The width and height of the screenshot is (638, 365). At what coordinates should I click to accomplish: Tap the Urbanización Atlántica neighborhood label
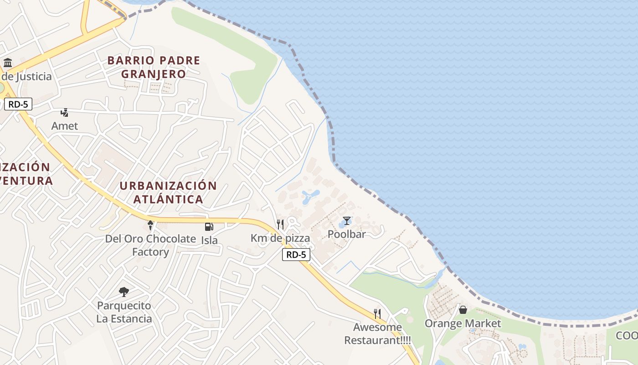click(168, 192)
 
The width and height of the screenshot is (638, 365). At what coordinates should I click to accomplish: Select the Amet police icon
click(65, 113)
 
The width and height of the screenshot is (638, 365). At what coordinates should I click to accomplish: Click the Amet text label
click(65, 126)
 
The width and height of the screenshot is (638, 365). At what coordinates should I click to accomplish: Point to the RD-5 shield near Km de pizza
click(296, 255)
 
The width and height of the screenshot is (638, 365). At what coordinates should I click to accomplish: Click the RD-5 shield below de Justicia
click(18, 104)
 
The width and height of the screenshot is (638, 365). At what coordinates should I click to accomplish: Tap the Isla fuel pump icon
click(209, 226)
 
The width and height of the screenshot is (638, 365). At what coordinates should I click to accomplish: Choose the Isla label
click(210, 240)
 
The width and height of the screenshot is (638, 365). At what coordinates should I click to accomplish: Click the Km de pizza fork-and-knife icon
click(280, 224)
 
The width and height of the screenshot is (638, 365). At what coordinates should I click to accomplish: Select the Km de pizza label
click(280, 238)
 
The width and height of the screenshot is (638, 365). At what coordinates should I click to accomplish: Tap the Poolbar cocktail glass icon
click(347, 221)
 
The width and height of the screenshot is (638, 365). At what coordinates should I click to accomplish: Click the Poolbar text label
click(347, 235)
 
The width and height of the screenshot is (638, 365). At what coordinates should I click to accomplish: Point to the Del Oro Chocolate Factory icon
click(150, 225)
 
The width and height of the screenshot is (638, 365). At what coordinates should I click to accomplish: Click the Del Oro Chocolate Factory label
click(150, 245)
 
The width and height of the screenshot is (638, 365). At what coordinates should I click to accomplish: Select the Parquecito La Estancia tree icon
click(123, 292)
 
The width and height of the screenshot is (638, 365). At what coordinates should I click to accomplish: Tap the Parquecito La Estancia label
click(124, 312)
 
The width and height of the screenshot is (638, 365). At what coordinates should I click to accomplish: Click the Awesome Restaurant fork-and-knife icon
click(377, 313)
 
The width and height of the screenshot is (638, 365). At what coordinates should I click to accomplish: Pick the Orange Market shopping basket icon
click(463, 310)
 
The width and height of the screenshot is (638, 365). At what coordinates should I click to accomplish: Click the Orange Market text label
click(463, 323)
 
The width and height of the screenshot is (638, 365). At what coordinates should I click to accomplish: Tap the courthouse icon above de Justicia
click(8, 63)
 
